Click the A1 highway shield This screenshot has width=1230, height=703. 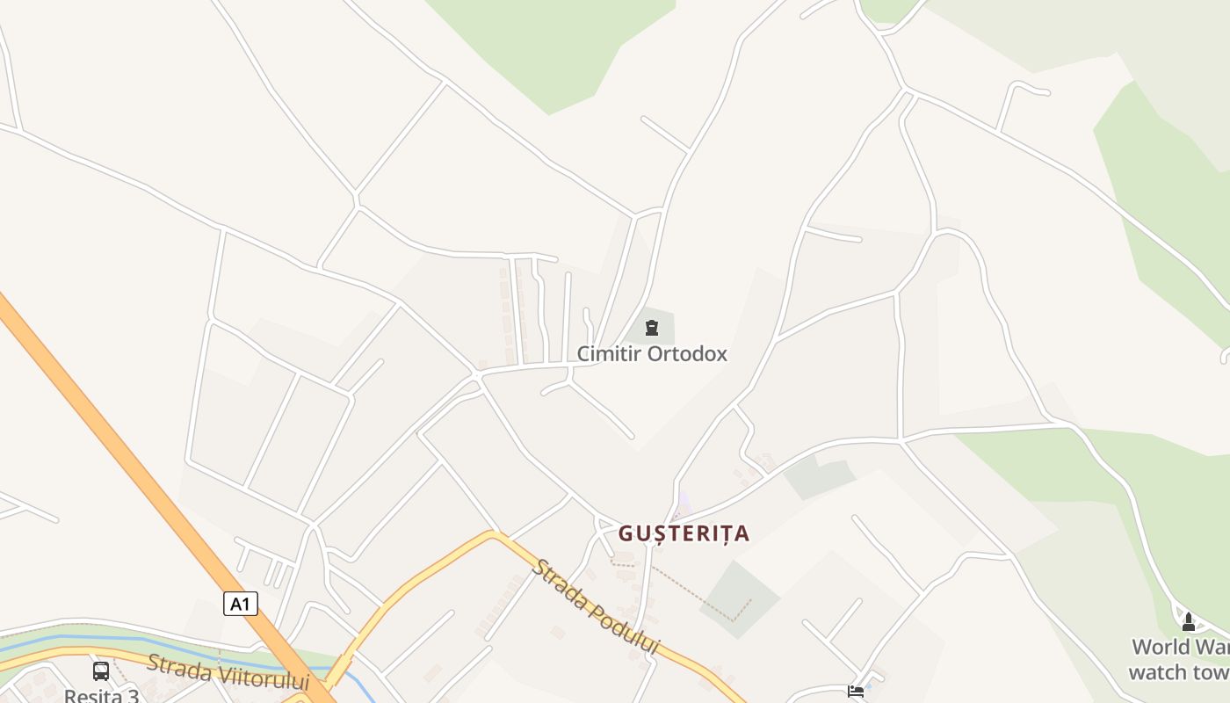[240, 604]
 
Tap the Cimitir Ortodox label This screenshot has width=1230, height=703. [652, 354]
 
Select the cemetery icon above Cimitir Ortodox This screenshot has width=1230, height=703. [651, 329]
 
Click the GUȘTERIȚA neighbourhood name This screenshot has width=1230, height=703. [684, 533]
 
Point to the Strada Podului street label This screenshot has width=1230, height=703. [595, 606]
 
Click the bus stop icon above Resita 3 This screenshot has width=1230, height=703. [101, 671]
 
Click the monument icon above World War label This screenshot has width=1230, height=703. [1189, 622]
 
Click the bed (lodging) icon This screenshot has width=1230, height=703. [855, 692]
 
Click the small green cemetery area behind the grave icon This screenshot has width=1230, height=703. [664, 330]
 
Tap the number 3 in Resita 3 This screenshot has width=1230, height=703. [133, 697]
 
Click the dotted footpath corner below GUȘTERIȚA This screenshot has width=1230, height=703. [734, 620]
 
